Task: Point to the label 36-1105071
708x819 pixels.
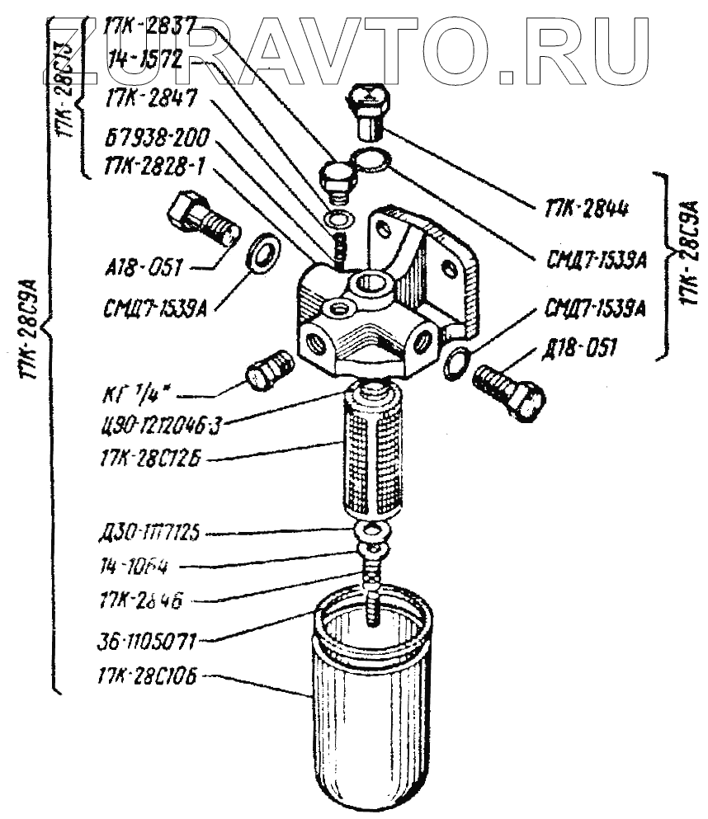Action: click(x=146, y=639)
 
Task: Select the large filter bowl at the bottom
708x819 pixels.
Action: click(x=371, y=709)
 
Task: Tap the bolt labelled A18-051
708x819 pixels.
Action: click(x=204, y=219)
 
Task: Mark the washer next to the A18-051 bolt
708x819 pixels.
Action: click(x=263, y=253)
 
